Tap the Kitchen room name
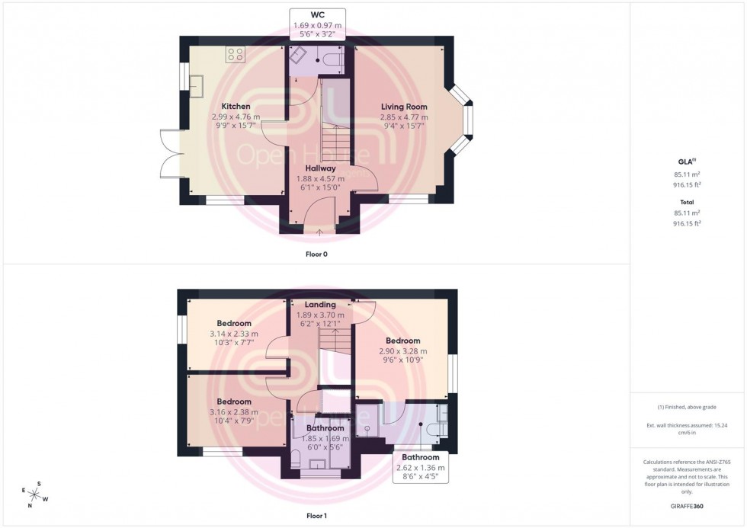click(x=236, y=106)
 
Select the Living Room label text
click(x=404, y=107)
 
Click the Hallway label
click(x=320, y=168)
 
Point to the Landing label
click(x=319, y=305)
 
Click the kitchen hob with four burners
click(x=236, y=55)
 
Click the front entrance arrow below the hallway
click(x=319, y=232)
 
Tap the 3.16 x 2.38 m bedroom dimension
click(x=233, y=412)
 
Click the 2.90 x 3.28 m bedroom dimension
click(x=402, y=350)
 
